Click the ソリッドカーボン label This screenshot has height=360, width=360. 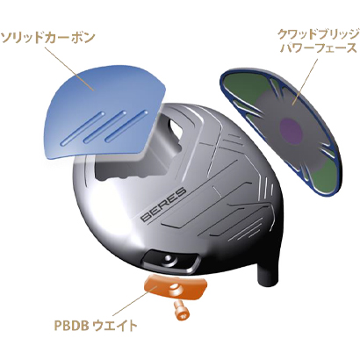(48, 38)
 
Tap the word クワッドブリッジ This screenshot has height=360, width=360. (318, 35)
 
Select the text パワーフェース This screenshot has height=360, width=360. (319, 48)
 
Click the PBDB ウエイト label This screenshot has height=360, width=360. (96, 326)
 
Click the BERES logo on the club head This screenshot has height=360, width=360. (163, 205)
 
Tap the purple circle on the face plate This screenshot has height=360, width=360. (291, 132)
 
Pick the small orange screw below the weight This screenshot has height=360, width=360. (181, 311)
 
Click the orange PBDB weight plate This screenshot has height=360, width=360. (175, 288)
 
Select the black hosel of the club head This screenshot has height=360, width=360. (269, 270)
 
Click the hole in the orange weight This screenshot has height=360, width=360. (176, 287)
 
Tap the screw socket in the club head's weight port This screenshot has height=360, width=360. (169, 258)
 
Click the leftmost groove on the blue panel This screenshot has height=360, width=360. (82, 128)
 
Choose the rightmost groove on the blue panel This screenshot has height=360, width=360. (126, 126)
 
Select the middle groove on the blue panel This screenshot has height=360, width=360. (104, 126)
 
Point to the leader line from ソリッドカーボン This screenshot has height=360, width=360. (69, 68)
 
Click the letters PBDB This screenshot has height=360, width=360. (71, 326)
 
